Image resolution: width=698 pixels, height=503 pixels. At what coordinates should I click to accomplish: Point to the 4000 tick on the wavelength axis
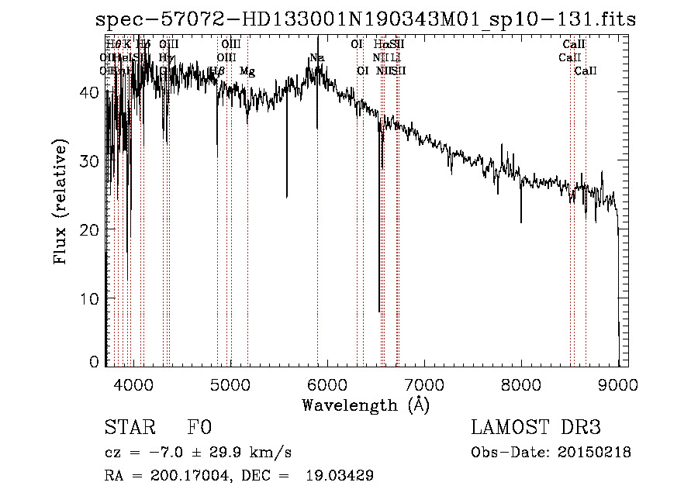[133, 382]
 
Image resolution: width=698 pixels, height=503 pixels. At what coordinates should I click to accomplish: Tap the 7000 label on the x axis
[424, 382]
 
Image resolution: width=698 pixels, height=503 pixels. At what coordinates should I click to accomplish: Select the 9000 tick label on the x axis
[618, 382]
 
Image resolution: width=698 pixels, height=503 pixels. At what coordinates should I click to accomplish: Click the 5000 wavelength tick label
[230, 382]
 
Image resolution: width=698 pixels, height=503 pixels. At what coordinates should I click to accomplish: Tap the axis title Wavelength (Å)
[365, 405]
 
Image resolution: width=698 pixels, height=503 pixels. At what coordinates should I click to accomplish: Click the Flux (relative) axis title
[61, 201]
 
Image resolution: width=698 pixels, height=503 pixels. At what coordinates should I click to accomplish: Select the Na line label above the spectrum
[316, 58]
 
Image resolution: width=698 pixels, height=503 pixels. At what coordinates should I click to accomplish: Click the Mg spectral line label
[247, 71]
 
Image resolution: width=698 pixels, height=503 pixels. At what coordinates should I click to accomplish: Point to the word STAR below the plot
[130, 428]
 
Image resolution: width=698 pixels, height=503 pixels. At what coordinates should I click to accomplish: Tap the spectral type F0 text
[199, 428]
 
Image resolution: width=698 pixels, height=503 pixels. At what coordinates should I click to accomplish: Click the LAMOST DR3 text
[536, 428]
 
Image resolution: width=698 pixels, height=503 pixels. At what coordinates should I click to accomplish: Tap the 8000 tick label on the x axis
[521, 382]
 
